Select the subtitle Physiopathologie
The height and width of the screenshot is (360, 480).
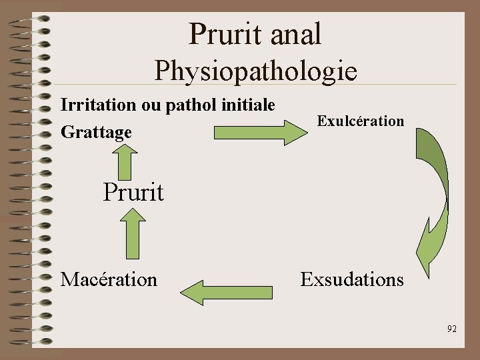[x=256, y=70]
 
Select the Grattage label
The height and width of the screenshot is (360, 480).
[x=96, y=133]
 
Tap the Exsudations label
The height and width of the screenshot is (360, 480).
[x=352, y=279]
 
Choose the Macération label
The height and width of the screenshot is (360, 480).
[x=109, y=279]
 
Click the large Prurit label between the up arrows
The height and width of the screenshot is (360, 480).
[x=133, y=192]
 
